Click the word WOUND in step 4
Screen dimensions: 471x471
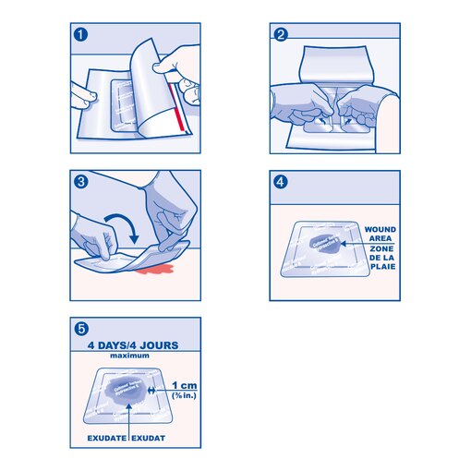coord(380,228)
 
